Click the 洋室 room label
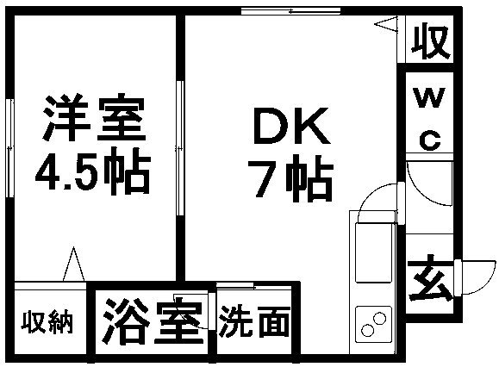95,117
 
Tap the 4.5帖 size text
92,171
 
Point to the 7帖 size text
291,178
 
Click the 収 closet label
431,40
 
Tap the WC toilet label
429,118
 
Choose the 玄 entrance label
430,277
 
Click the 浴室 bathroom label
153,320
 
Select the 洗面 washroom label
254,321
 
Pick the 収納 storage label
47,323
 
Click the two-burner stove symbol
374,324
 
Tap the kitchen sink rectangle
374,252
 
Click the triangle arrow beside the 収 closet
386,24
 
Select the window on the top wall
290,11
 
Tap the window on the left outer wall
10,148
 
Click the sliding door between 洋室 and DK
180,148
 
